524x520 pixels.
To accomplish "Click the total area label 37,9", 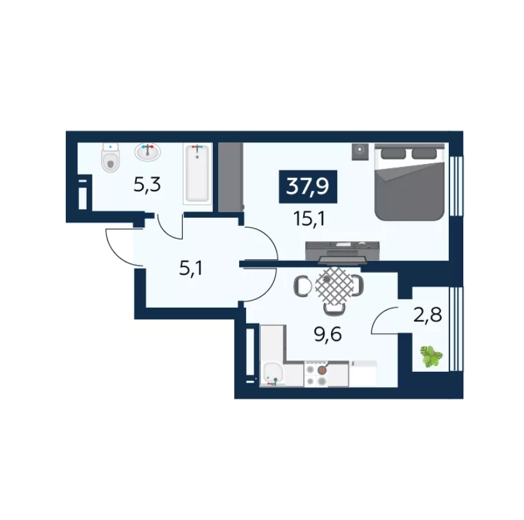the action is click(308, 187).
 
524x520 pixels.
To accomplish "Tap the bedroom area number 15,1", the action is click(309, 219).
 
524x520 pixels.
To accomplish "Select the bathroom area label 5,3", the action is click(147, 184).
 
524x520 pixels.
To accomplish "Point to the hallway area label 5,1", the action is click(191, 268).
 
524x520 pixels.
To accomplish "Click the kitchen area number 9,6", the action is click(328, 334).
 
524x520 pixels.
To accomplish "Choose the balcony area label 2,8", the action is click(428, 315).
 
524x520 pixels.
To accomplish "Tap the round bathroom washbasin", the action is click(147, 152).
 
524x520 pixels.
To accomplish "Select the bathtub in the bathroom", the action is click(197, 174).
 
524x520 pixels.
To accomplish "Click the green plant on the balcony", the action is click(431, 357).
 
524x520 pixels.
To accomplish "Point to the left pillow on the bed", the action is click(394, 153).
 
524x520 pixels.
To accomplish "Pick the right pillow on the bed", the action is click(424, 153).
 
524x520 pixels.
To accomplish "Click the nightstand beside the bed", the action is click(360, 152).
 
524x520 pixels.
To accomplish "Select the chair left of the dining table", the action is click(303, 286).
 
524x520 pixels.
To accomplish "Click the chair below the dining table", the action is click(334, 309).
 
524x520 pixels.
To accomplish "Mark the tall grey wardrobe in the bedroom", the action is click(230, 177).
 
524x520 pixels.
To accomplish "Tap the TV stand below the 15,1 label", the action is click(342, 251).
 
